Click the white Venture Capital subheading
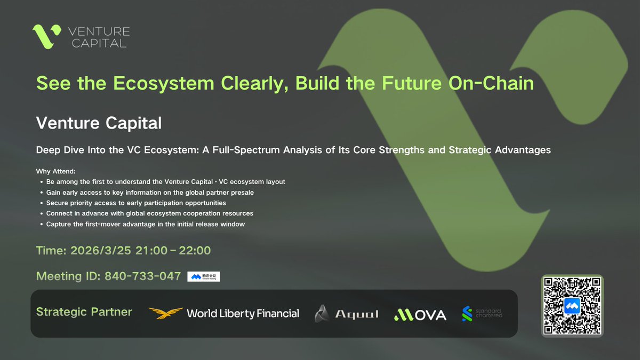click(x=99, y=123)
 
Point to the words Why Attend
click(x=56, y=171)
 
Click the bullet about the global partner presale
click(x=150, y=193)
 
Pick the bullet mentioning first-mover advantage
click(x=145, y=225)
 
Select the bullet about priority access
click(x=136, y=203)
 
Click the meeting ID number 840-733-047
click(x=142, y=276)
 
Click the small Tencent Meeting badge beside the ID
click(x=204, y=276)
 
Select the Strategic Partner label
click(x=84, y=312)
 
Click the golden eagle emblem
click(x=165, y=314)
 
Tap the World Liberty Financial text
click(x=243, y=314)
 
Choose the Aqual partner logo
click(x=347, y=314)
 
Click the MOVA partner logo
click(x=420, y=314)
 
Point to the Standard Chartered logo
click(x=482, y=314)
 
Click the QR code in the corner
click(x=572, y=306)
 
